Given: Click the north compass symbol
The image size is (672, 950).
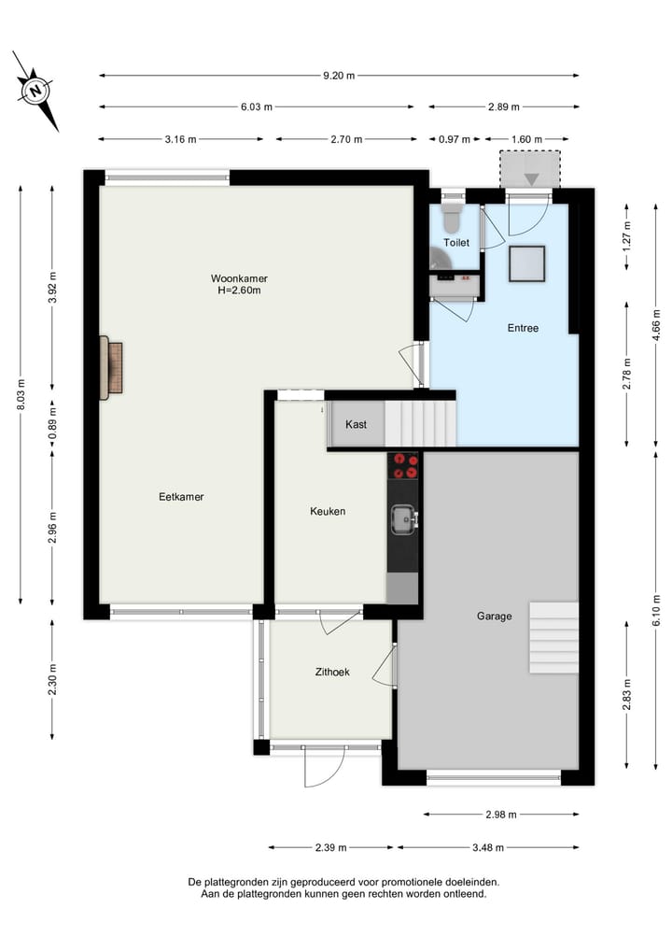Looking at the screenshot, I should point(35,92).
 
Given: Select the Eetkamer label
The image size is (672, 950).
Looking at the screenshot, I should point(181,497).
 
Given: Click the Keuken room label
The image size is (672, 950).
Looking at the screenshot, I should point(328,511).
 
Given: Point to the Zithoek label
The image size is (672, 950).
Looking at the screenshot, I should point(331,671).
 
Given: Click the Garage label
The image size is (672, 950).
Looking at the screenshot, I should point(494,616).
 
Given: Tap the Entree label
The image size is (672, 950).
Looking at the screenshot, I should point(523,328).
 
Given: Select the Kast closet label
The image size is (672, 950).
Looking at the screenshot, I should point(356,424).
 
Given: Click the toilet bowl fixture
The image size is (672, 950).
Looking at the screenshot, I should point(452,218).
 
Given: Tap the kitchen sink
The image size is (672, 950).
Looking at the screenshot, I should point(404,518).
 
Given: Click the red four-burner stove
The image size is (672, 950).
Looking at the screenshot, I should point(404,465).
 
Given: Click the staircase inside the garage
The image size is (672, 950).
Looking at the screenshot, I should point(553,637).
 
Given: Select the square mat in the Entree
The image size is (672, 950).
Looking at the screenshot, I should point(526,263).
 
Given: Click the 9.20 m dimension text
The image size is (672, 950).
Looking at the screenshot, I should point(338,76).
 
